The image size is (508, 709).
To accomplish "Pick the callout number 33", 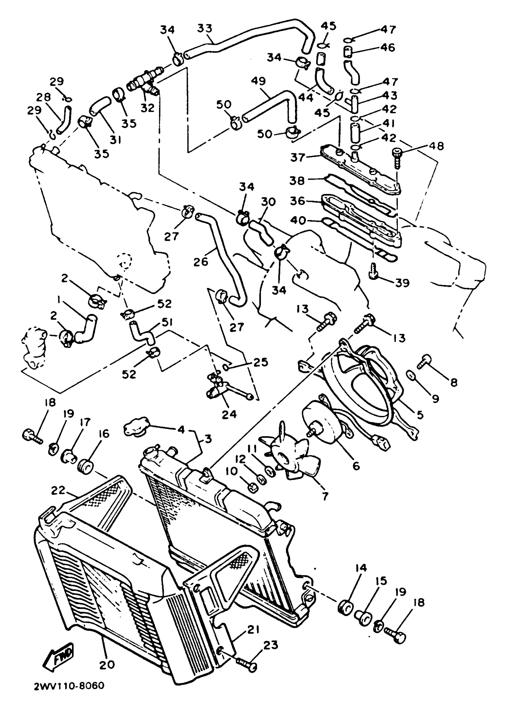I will pyautogui.click(x=205, y=28).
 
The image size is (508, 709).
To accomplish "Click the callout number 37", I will pyautogui.click(x=297, y=157).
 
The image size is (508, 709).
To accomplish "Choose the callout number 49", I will pyautogui.click(x=258, y=81).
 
